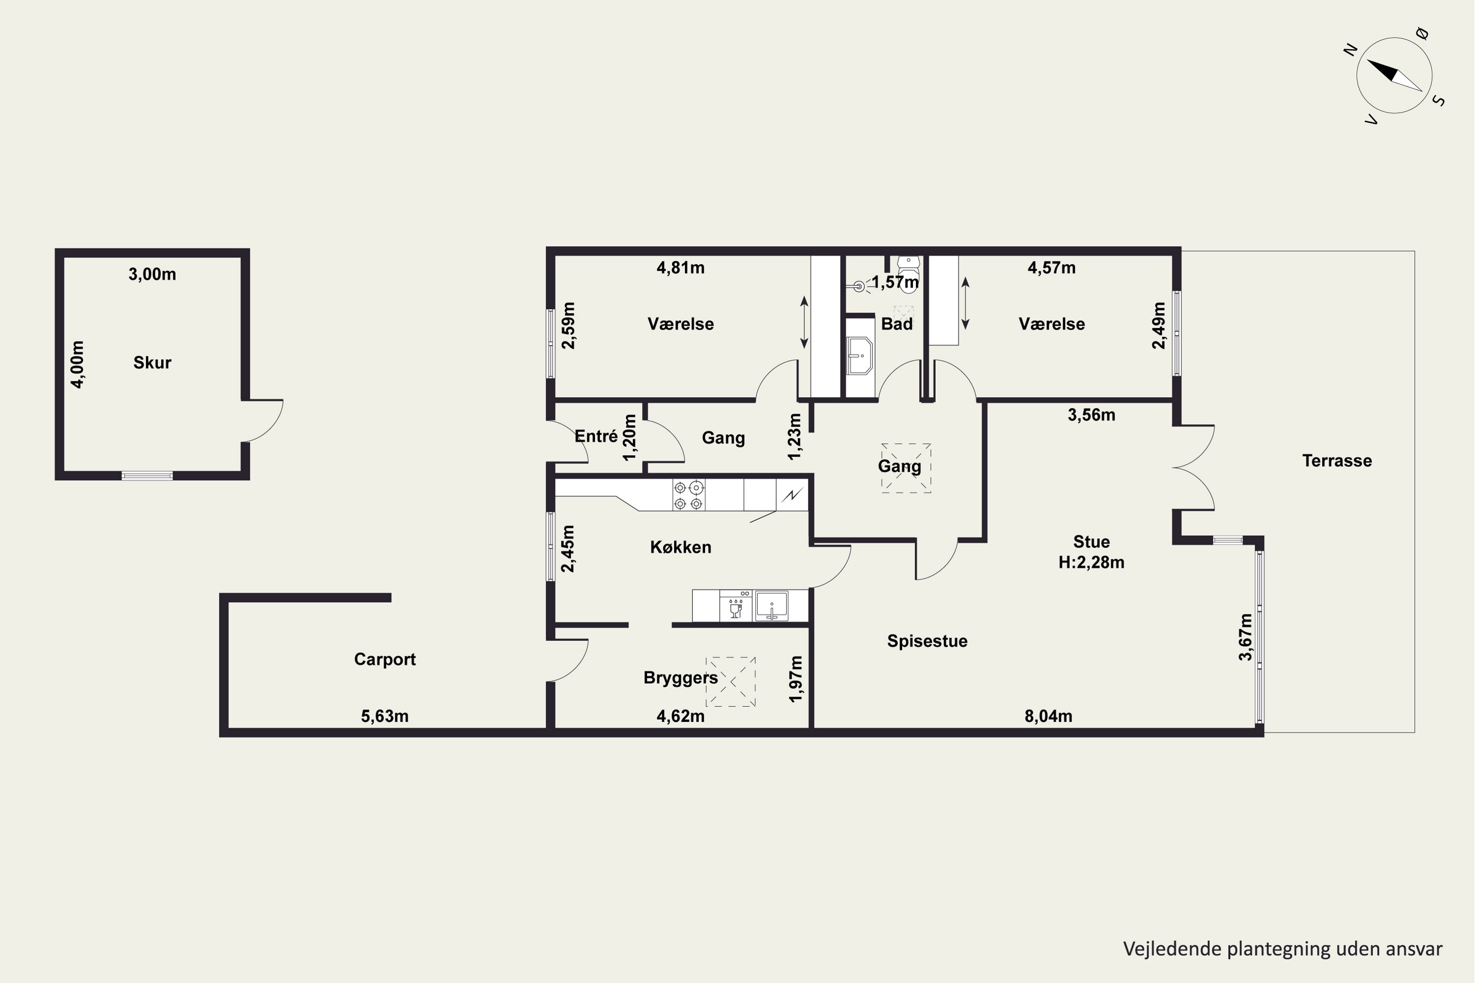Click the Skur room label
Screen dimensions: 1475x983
tap(152, 362)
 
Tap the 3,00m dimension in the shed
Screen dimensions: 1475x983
tap(152, 274)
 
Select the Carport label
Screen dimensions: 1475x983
tap(384, 660)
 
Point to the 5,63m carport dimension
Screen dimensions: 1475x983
tap(384, 716)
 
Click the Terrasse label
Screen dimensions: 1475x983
tap(1337, 461)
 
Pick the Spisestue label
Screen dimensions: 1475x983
tap(927, 641)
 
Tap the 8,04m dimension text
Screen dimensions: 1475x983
tap(1049, 716)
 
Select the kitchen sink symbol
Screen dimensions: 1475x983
tap(771, 606)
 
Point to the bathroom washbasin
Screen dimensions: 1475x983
tap(859, 355)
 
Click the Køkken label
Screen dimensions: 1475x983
tap(680, 548)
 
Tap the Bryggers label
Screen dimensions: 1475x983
tap(680, 678)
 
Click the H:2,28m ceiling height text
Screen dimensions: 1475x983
tap(1091, 562)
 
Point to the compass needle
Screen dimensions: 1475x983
tap(1394, 75)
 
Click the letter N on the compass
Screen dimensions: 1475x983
tap(1350, 50)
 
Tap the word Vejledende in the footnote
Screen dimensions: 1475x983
tap(1172, 949)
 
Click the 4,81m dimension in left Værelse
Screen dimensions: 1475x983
tap(680, 268)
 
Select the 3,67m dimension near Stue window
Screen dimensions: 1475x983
tap(1245, 637)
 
